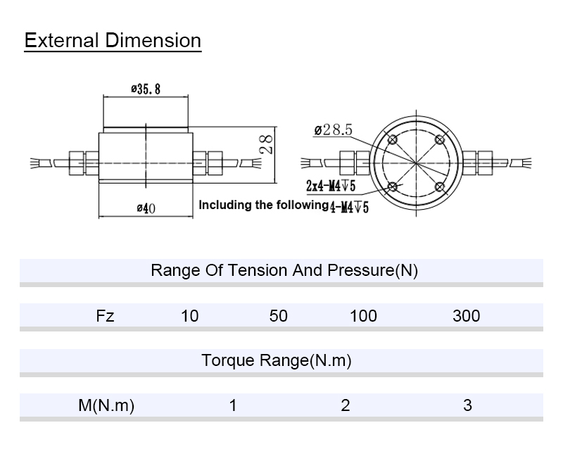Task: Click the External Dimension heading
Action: coord(113,40)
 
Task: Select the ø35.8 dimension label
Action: coord(146,89)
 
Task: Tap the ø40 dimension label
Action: coord(145,208)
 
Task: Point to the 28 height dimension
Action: coord(265,144)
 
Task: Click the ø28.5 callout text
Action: coord(333,129)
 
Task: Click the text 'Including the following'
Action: coord(263,205)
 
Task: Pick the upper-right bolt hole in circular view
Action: coord(440,139)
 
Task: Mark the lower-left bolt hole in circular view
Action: coord(393,186)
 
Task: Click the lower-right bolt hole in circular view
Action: coord(440,186)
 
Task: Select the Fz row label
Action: coord(105,316)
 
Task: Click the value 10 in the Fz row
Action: coord(189,316)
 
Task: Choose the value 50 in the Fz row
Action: coord(279,316)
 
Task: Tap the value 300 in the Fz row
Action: coord(466,316)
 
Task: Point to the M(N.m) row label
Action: coord(106,405)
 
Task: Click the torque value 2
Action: coord(345,405)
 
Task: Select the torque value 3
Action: coord(467,405)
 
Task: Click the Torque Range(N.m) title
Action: coord(276,361)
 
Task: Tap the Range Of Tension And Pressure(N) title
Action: coord(284,270)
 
